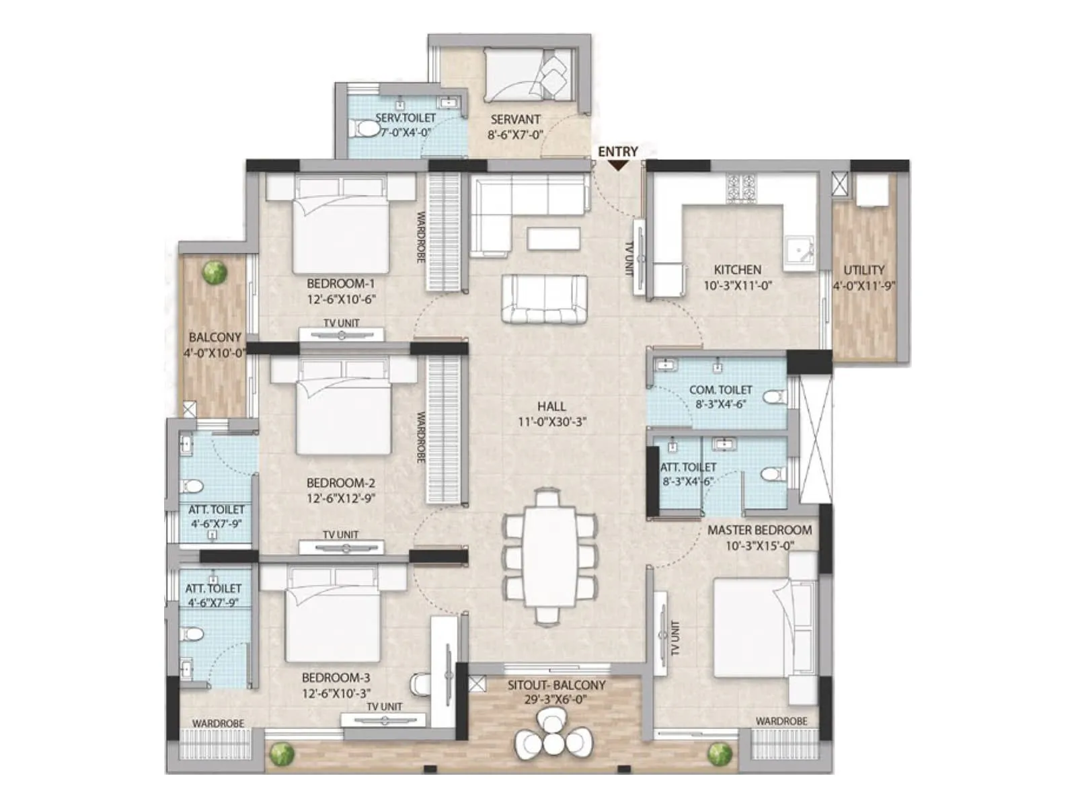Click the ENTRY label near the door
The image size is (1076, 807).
pyautogui.click(x=617, y=151)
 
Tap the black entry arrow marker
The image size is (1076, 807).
pyautogui.click(x=617, y=165)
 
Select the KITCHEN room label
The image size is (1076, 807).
pyautogui.click(x=738, y=270)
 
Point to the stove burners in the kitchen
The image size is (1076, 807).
pyautogui.click(x=740, y=188)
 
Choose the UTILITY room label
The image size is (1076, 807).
pyautogui.click(x=864, y=270)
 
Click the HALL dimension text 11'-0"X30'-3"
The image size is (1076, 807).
pyautogui.click(x=551, y=422)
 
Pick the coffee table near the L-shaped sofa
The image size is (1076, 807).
pyautogui.click(x=553, y=238)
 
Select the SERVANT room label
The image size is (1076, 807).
pyautogui.click(x=515, y=120)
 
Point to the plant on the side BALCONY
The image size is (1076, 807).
pyautogui.click(x=215, y=272)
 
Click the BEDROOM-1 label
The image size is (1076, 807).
pyautogui.click(x=340, y=284)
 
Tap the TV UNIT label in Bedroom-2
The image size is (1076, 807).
pyautogui.click(x=340, y=535)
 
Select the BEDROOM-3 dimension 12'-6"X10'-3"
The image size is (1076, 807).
pyautogui.click(x=336, y=693)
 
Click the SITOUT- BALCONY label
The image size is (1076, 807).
pyautogui.click(x=556, y=685)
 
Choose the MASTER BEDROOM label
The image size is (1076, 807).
pyautogui.click(x=759, y=530)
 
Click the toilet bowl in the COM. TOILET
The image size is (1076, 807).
pyautogui.click(x=774, y=397)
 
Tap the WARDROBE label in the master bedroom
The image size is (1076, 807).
pyautogui.click(x=781, y=721)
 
